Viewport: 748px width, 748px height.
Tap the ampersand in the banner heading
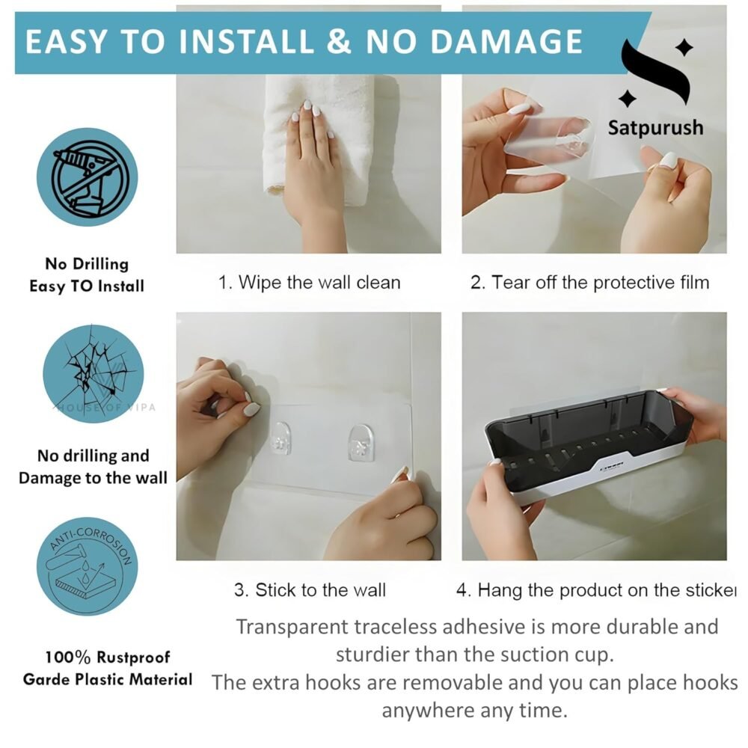(x=339, y=41)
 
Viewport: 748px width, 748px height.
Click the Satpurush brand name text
(x=655, y=128)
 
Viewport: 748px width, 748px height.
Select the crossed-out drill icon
(x=88, y=177)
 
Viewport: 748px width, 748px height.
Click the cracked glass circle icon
(x=93, y=373)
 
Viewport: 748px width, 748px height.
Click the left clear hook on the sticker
(x=280, y=438)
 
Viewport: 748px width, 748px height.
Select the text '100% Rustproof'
(x=107, y=657)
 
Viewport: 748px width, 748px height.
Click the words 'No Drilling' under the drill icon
(x=87, y=264)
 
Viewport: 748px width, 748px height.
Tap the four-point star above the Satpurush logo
(x=684, y=47)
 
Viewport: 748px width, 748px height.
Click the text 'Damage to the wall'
(x=93, y=477)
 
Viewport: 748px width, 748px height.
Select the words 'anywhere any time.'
(x=475, y=711)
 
